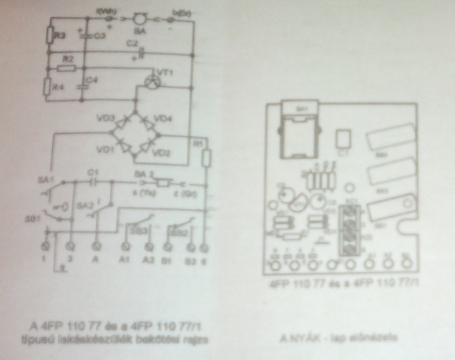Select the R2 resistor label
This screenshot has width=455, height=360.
68,57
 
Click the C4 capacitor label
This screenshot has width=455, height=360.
92,79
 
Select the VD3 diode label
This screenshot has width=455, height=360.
108,117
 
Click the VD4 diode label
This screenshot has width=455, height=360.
163,118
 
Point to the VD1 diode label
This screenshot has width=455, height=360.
107,151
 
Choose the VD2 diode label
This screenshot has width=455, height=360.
162,152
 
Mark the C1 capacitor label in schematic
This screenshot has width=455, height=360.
91,174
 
